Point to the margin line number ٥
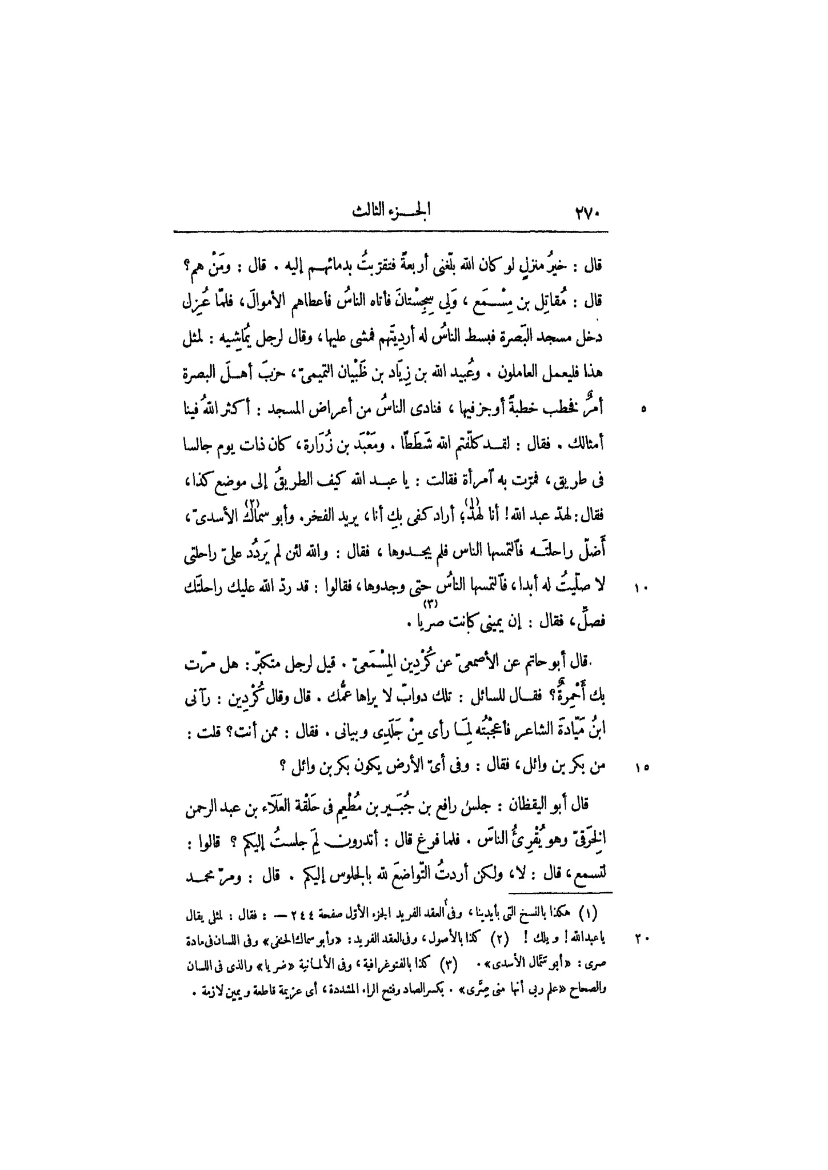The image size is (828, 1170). [644, 409]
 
